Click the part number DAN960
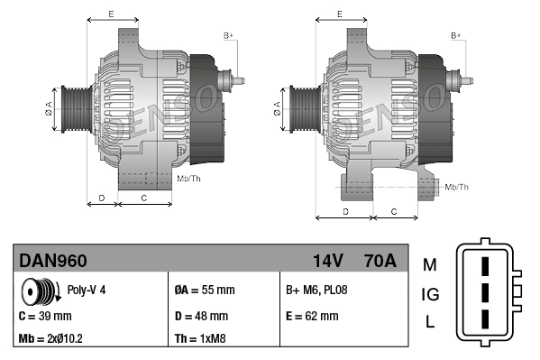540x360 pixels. pyautogui.click(x=53, y=261)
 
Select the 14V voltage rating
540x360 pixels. pyautogui.click(x=327, y=261)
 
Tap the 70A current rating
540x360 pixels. pyautogui.click(x=378, y=261)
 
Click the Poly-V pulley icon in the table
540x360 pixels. pyautogui.click(x=38, y=292)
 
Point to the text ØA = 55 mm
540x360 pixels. pyautogui.click(x=204, y=291)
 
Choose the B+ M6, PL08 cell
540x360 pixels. pyautogui.click(x=316, y=291)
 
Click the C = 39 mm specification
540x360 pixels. pyautogui.click(x=45, y=316)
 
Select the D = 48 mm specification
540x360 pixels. pyautogui.click(x=201, y=316)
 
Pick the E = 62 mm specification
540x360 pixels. pyautogui.click(x=312, y=316)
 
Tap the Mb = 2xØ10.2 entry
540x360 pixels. pyautogui.click(x=51, y=340)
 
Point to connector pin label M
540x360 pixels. pyautogui.click(x=429, y=264)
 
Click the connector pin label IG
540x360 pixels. pyautogui.click(x=430, y=294)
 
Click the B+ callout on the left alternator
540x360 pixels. pyautogui.click(x=228, y=35)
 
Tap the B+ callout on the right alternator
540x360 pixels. pyautogui.click(x=455, y=35)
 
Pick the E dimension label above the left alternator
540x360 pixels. pyautogui.click(x=110, y=14)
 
